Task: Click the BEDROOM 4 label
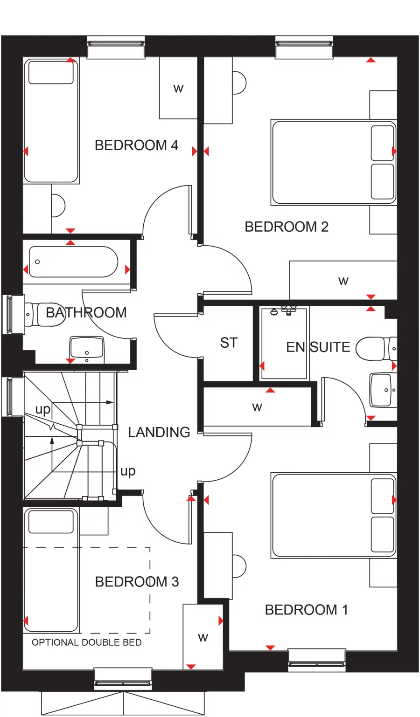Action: [x=136, y=145]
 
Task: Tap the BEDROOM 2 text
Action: [x=287, y=227]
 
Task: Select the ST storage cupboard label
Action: [x=229, y=343]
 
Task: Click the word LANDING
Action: [x=159, y=433]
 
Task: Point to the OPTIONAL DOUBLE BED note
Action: [x=86, y=642]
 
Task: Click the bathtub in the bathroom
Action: [x=73, y=262]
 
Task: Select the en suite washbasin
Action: [x=383, y=390]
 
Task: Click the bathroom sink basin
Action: [x=87, y=348]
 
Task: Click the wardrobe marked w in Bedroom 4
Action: [x=178, y=88]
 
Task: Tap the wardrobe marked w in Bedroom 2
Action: [x=343, y=281]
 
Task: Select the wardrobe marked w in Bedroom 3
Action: [x=203, y=637]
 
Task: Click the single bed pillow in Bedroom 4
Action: [x=51, y=72]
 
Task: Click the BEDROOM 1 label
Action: [x=306, y=610]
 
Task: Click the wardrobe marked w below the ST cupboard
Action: [x=257, y=407]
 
